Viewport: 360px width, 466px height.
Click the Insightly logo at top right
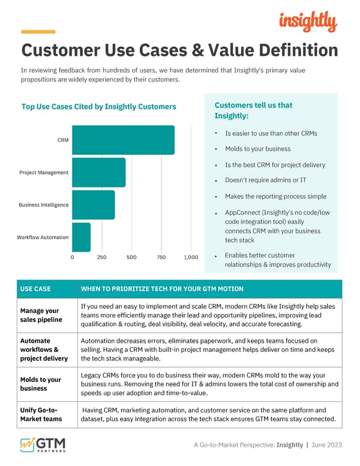[308, 22]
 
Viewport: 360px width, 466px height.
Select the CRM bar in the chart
[123, 140]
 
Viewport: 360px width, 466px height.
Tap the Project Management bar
[98, 172]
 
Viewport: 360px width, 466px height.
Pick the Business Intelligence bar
[93, 205]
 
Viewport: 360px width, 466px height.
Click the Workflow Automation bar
[81, 237]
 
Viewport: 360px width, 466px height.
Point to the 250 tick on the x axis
[101, 257]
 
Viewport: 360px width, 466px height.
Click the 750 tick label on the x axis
[161, 257]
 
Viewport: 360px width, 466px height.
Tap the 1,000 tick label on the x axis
[190, 257]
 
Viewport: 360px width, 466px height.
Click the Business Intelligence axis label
[43, 205]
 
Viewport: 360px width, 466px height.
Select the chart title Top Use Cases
[98, 107]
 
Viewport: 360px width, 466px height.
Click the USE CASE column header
[35, 289]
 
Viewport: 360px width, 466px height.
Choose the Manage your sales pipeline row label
[40, 315]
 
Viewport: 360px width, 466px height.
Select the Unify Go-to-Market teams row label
[40, 414]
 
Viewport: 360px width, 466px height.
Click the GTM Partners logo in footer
[43, 446]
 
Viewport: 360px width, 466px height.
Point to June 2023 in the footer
[328, 445]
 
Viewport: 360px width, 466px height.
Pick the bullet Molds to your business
[257, 149]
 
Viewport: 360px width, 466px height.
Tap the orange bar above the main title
[38, 31]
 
